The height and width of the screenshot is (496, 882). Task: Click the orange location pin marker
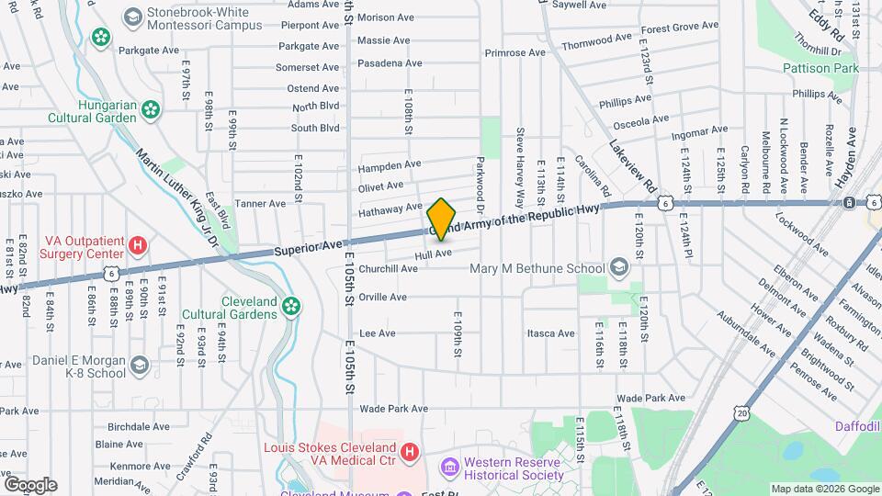coord(441,219)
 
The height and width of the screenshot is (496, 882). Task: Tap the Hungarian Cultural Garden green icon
coord(150,110)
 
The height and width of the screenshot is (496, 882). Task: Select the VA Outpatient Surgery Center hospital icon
coord(138,245)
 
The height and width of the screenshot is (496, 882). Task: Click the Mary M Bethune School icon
coord(618,268)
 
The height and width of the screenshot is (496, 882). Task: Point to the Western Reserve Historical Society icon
coord(450,468)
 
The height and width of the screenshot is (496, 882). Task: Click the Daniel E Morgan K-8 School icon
coord(139,366)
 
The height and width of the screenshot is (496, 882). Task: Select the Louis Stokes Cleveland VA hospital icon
coord(410,453)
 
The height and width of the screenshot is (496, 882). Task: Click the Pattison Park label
coord(820,68)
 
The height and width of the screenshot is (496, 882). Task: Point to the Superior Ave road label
coord(307,248)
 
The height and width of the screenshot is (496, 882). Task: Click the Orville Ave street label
coord(382,297)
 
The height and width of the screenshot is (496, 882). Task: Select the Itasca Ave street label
coord(551,333)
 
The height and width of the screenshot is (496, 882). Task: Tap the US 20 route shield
coord(741,414)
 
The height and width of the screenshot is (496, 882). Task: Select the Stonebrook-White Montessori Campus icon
coord(132,16)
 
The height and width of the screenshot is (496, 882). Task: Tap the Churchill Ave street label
coord(389,269)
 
